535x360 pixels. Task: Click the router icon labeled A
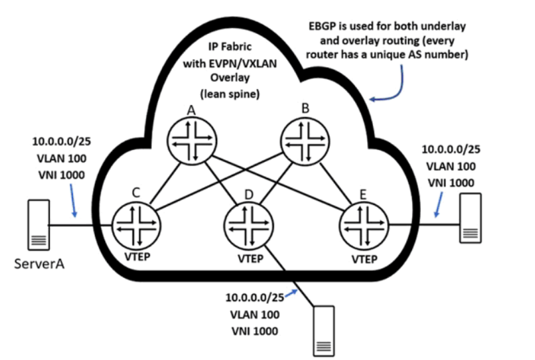[x=192, y=142]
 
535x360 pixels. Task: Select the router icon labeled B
[x=305, y=142]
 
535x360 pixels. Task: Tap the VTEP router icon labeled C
[x=136, y=226]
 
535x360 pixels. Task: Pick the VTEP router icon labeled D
[x=249, y=226]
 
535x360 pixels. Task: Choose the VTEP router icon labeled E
[x=364, y=226]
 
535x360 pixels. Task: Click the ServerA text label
[x=39, y=264]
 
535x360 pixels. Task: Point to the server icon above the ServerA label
[x=38, y=225]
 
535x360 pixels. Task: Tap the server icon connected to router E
[x=470, y=218]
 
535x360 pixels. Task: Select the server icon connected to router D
[x=324, y=331]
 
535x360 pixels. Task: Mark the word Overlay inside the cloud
[x=230, y=78]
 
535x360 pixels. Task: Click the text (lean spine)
[x=230, y=94]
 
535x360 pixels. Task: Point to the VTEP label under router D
[x=251, y=259]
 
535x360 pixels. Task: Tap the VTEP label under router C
[x=137, y=257]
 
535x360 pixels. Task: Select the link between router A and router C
[x=165, y=183]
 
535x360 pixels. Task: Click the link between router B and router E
[x=336, y=184]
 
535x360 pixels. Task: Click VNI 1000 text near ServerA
[x=62, y=175]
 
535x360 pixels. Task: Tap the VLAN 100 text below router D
[x=255, y=315]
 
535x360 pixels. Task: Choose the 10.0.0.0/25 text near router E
[x=451, y=149]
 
